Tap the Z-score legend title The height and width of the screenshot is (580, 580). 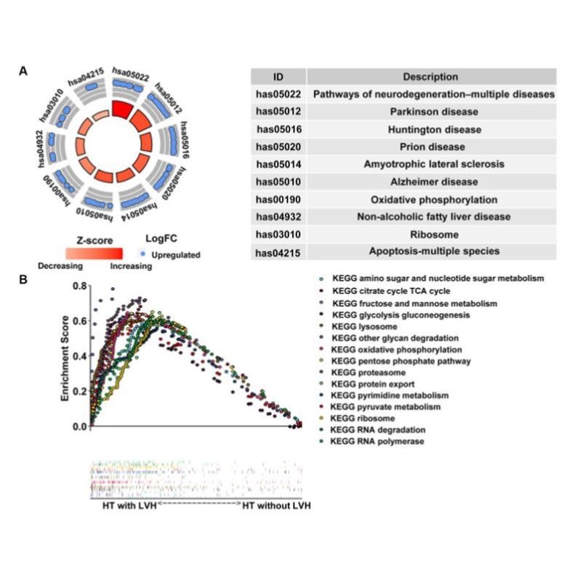[92, 238]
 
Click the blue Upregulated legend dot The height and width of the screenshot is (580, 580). [143, 254]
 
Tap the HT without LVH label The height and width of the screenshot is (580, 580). [276, 505]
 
